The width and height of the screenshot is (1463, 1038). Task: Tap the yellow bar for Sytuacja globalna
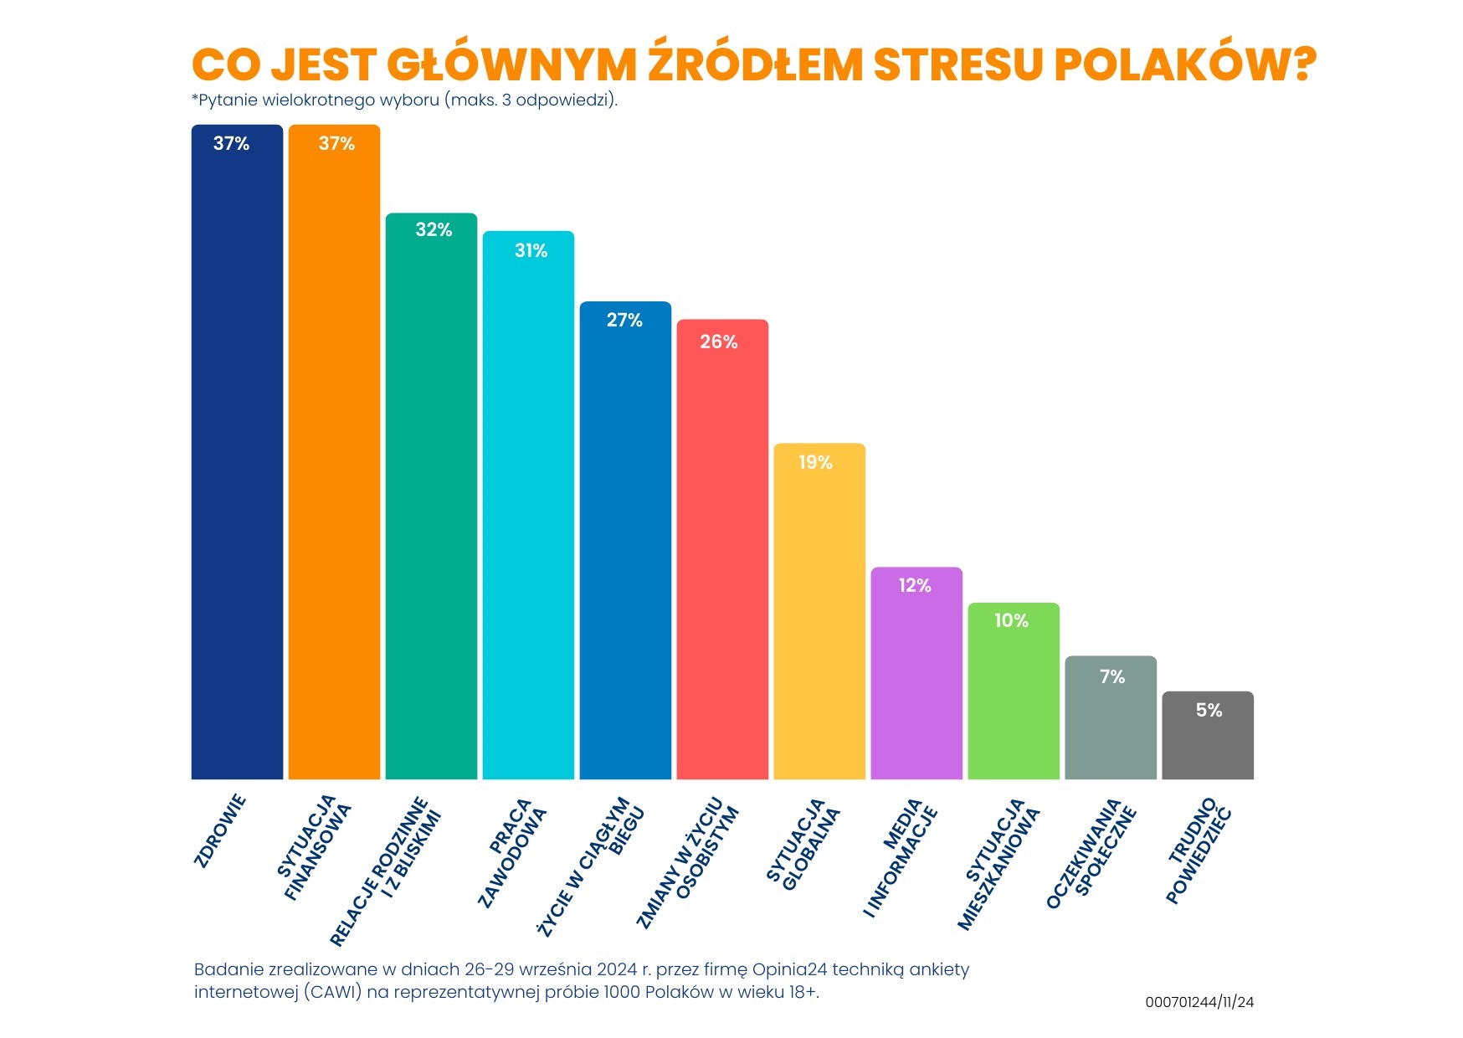pos(819,611)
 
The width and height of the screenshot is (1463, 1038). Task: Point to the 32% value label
pos(434,229)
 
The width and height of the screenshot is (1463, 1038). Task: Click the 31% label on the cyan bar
pos(531,250)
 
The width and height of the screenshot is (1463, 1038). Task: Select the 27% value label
pos(624,320)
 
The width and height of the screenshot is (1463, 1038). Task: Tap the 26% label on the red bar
pos(719,342)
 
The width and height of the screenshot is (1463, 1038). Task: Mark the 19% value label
pos(815,462)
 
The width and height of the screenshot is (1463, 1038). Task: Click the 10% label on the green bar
pos(1011,620)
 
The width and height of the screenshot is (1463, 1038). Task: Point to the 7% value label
pos(1112,676)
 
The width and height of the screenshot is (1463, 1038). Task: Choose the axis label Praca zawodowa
pos(511,852)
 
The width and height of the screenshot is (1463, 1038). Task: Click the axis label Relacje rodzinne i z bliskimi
pos(386,871)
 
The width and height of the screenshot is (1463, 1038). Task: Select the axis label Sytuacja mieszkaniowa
pos(998,862)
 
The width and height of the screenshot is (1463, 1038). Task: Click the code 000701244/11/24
pos(1199,1002)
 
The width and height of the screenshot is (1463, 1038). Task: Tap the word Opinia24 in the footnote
pos(789,969)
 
